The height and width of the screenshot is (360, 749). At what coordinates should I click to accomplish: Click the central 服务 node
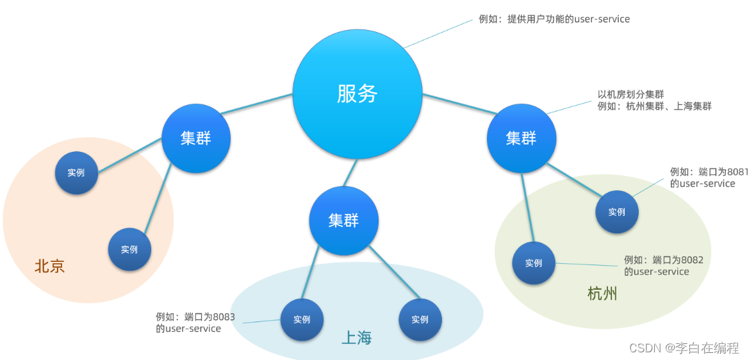pyautogui.click(x=358, y=94)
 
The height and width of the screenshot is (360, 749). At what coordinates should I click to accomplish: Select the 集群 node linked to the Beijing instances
pyautogui.click(x=195, y=138)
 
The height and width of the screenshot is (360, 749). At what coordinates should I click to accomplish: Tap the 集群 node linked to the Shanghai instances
pyautogui.click(x=343, y=221)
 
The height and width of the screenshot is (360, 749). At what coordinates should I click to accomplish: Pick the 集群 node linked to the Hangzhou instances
pyautogui.click(x=521, y=138)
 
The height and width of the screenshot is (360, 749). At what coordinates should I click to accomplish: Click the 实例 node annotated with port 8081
pyautogui.click(x=616, y=212)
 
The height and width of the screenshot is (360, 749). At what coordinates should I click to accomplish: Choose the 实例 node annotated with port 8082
pyautogui.click(x=534, y=263)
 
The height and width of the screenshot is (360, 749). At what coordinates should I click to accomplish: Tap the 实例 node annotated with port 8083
pyautogui.click(x=302, y=320)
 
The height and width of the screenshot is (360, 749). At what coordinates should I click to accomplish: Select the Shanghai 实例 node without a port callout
pyautogui.click(x=420, y=320)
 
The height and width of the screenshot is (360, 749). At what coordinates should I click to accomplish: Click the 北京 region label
pyautogui.click(x=50, y=266)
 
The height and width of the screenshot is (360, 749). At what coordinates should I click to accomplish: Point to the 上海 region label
pyautogui.click(x=356, y=338)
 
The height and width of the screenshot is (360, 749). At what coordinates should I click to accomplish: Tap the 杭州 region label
pyautogui.click(x=602, y=294)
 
